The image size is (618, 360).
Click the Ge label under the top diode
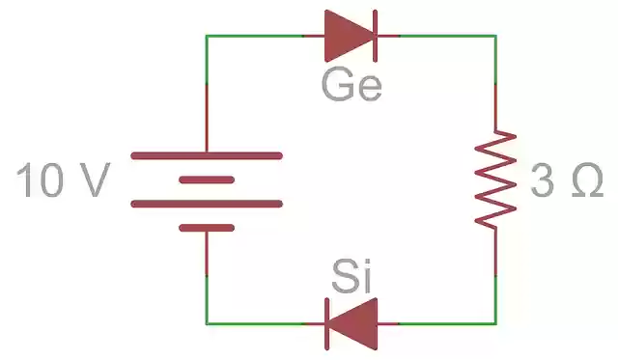(351, 86)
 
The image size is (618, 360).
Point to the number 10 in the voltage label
(41, 181)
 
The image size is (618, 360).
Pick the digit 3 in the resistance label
(542, 181)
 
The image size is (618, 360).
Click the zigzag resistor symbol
(494, 180)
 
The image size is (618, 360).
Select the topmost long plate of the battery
(207, 155)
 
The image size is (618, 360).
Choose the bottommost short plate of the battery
(207, 228)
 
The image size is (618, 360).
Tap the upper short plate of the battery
(207, 180)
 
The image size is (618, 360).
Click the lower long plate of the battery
(207, 204)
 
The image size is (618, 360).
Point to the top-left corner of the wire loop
(207, 36)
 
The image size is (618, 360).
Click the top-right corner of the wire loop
(495, 36)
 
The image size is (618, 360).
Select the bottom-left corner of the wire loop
(207, 323)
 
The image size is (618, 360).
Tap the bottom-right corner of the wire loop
(495, 323)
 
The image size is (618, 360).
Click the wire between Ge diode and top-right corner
(444, 36)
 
